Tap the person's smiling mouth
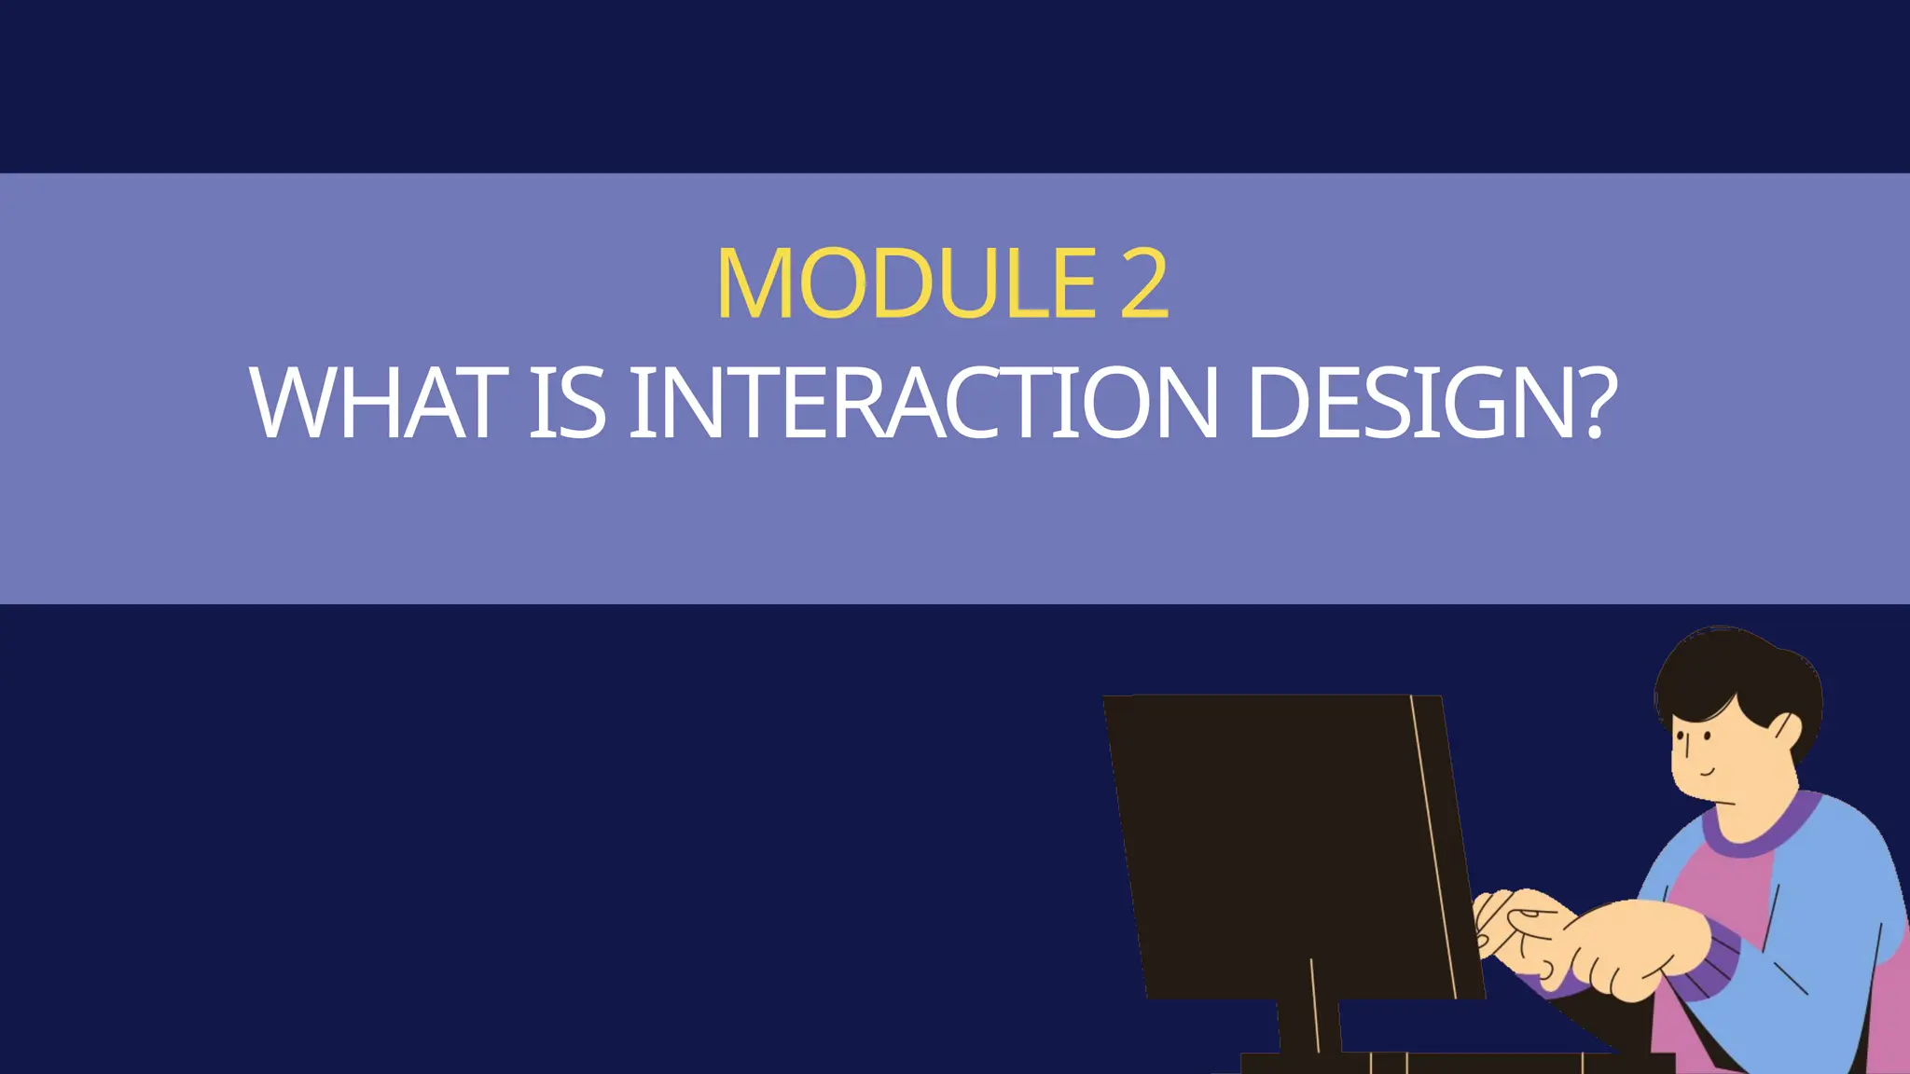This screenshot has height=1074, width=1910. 1705,772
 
